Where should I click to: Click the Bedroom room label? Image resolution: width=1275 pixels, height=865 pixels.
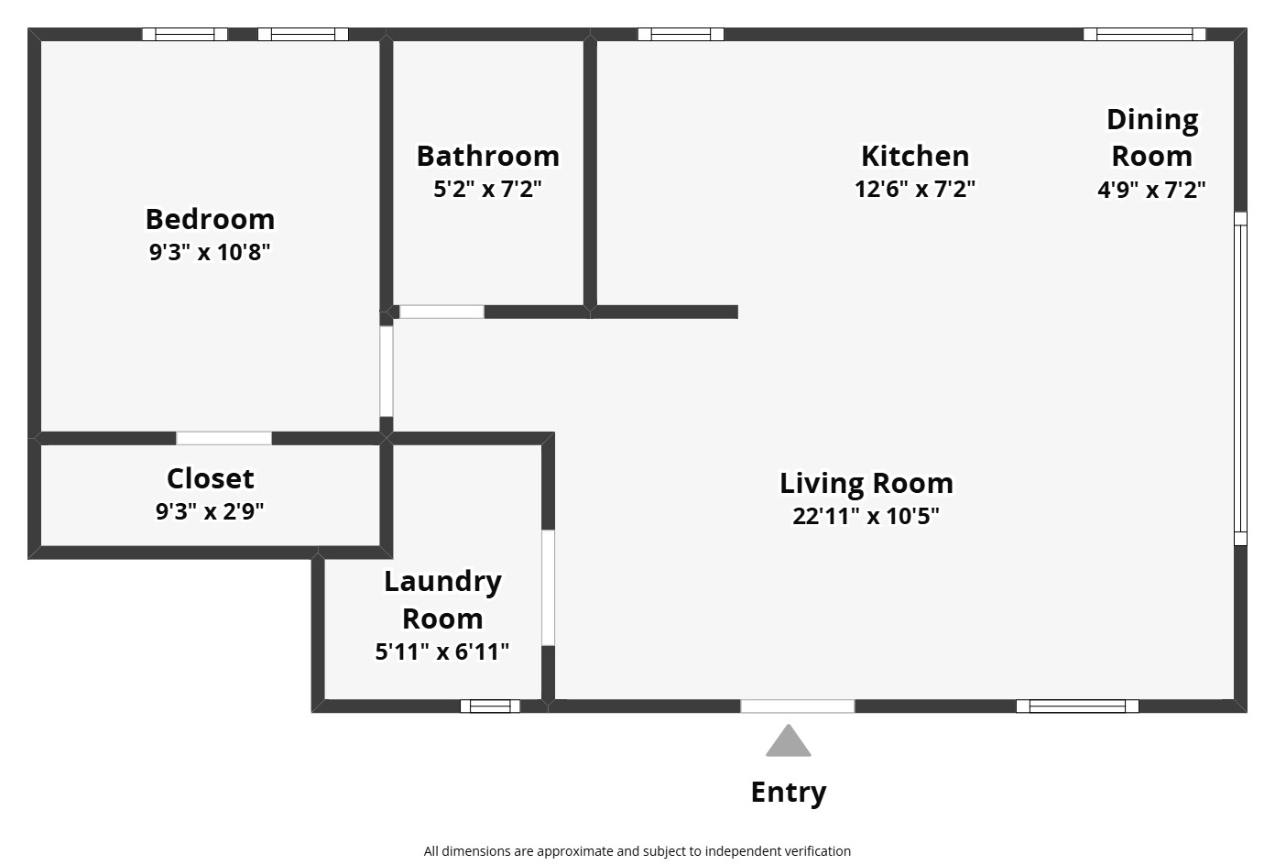pyautogui.click(x=210, y=219)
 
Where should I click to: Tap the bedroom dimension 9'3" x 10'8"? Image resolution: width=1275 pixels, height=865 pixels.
pyautogui.click(x=210, y=252)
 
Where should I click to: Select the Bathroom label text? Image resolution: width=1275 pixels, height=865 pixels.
pyautogui.click(x=487, y=156)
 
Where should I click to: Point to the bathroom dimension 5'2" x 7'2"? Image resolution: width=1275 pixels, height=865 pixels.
pyautogui.click(x=487, y=190)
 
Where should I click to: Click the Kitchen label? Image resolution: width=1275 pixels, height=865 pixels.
pyautogui.click(x=914, y=156)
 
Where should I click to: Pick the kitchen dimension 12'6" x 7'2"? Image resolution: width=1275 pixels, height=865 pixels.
pyautogui.click(x=914, y=190)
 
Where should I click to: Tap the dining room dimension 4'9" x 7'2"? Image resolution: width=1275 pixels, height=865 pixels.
pyautogui.click(x=1151, y=190)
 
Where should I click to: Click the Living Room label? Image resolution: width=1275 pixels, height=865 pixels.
pyautogui.click(x=866, y=483)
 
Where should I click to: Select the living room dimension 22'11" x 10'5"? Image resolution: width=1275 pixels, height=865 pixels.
pyautogui.click(x=866, y=516)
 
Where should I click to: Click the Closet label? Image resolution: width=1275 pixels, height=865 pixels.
pyautogui.click(x=210, y=478)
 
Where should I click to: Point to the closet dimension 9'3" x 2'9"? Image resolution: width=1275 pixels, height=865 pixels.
pyautogui.click(x=210, y=511)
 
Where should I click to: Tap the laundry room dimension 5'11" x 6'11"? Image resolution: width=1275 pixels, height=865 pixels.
pyautogui.click(x=441, y=651)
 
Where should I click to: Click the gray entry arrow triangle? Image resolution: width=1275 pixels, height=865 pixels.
pyautogui.click(x=788, y=742)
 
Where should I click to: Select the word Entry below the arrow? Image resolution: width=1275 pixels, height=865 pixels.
pyautogui.click(x=788, y=792)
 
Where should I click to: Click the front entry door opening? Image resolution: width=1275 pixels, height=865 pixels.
pyautogui.click(x=797, y=706)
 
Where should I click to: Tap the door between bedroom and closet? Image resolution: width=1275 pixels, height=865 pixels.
pyautogui.click(x=223, y=438)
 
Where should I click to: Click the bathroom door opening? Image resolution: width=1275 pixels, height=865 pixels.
pyautogui.click(x=441, y=312)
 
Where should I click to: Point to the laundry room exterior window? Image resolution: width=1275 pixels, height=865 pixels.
pyautogui.click(x=489, y=706)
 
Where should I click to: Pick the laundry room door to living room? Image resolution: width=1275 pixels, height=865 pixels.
pyautogui.click(x=548, y=587)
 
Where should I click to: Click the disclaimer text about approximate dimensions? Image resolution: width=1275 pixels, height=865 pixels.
pyautogui.click(x=637, y=851)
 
